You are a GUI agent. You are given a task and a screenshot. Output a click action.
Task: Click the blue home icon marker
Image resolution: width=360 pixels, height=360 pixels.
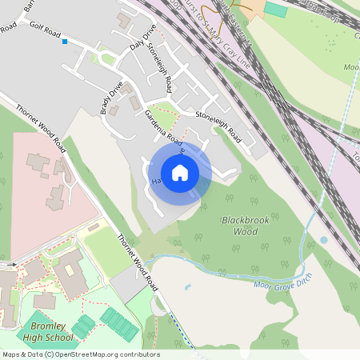pyautogui.click(x=180, y=173)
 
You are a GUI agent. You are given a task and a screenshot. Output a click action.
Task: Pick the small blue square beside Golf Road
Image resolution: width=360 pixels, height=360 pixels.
pyautogui.click(x=65, y=42)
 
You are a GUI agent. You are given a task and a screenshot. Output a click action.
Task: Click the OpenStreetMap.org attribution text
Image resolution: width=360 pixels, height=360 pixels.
pyautogui.click(x=103, y=354)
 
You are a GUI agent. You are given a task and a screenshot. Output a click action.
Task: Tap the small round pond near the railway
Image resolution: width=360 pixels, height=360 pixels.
pyautogui.click(x=323, y=239)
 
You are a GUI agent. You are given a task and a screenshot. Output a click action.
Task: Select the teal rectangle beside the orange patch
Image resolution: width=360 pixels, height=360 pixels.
pyautogui.click(x=275, y=10)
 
